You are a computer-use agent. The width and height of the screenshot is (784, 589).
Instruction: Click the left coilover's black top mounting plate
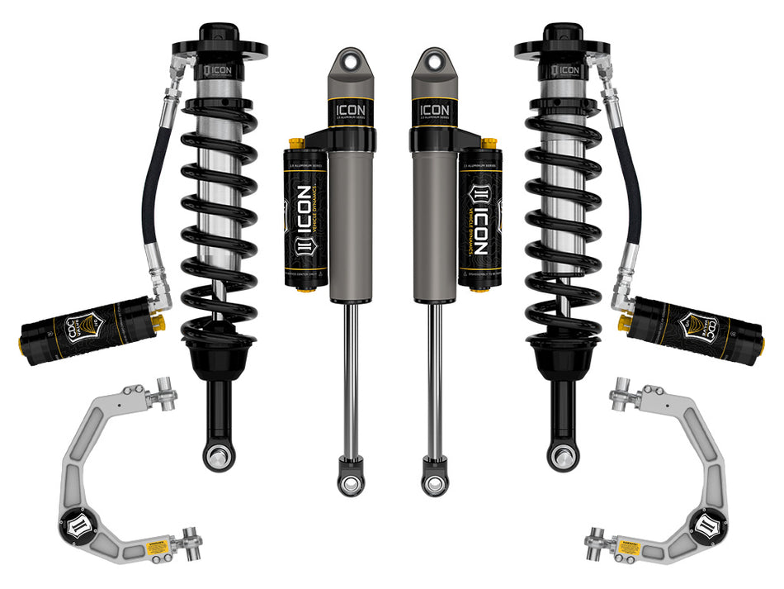218,48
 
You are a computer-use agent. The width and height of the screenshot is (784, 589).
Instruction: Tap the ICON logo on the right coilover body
567,70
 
